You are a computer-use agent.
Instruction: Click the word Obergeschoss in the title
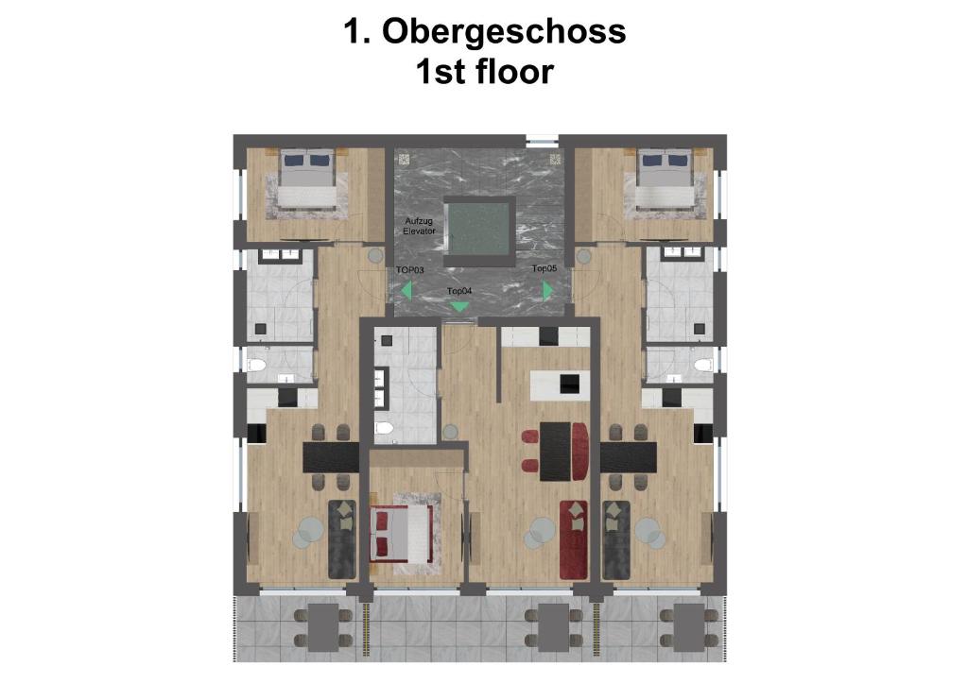(x=504, y=31)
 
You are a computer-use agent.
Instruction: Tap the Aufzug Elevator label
(x=419, y=226)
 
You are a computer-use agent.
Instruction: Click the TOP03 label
(x=410, y=270)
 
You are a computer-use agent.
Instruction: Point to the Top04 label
(x=459, y=290)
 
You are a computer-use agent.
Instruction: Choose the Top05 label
(x=544, y=268)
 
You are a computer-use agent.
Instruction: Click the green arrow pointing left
(x=406, y=290)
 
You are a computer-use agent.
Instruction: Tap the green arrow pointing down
(x=459, y=306)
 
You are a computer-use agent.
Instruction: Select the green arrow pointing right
(x=547, y=290)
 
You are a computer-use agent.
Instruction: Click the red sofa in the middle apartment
(x=574, y=539)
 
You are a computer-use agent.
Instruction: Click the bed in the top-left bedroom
(x=307, y=178)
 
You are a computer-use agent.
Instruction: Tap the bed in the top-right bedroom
(x=665, y=178)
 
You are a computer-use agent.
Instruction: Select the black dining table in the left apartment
(x=331, y=458)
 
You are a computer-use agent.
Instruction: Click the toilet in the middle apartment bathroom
(x=385, y=429)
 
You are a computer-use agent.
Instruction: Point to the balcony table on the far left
(x=323, y=628)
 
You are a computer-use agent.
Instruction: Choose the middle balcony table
(x=553, y=628)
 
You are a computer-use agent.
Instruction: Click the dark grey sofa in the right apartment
(x=616, y=539)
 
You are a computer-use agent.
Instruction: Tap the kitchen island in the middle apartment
(x=556, y=384)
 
